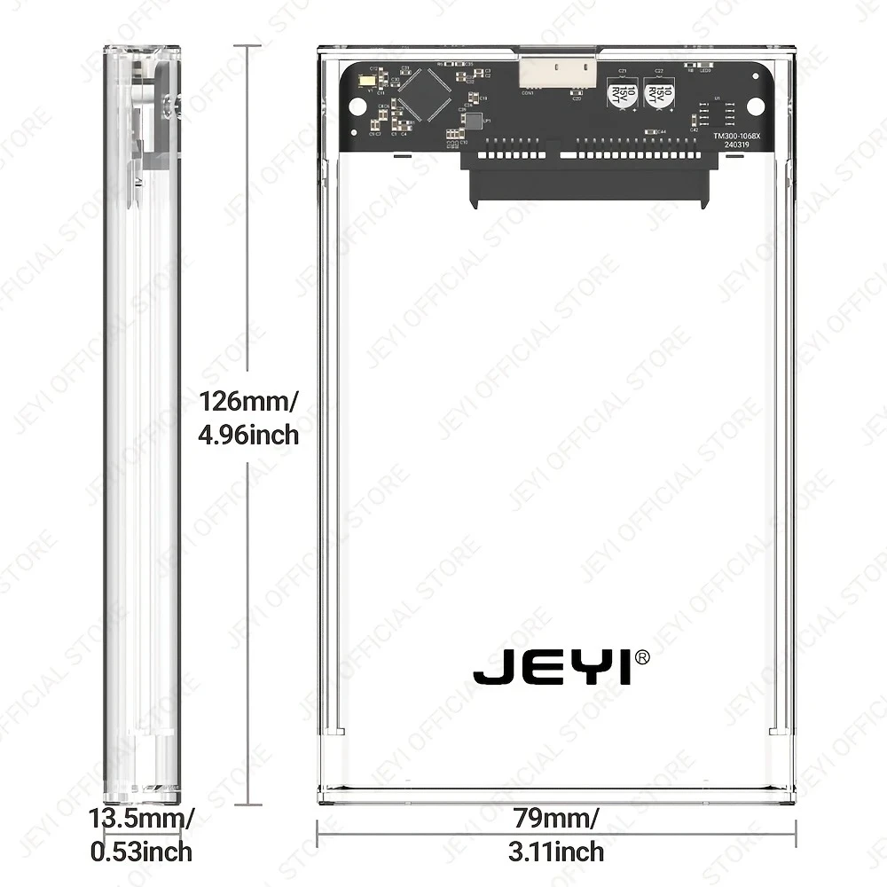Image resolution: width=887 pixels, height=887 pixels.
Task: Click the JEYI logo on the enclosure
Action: [553, 667]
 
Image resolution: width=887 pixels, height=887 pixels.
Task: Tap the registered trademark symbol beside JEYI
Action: [643, 656]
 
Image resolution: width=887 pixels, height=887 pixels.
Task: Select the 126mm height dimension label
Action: [247, 401]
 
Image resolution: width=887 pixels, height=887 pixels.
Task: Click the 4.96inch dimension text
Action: [248, 436]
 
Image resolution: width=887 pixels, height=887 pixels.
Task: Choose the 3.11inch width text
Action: [557, 852]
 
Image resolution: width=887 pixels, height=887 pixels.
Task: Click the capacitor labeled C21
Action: [622, 93]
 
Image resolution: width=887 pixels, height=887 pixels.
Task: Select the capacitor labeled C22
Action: [659, 93]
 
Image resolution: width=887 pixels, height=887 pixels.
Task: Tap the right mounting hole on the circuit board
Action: [755, 106]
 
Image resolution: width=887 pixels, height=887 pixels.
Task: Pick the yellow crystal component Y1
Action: [365, 84]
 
